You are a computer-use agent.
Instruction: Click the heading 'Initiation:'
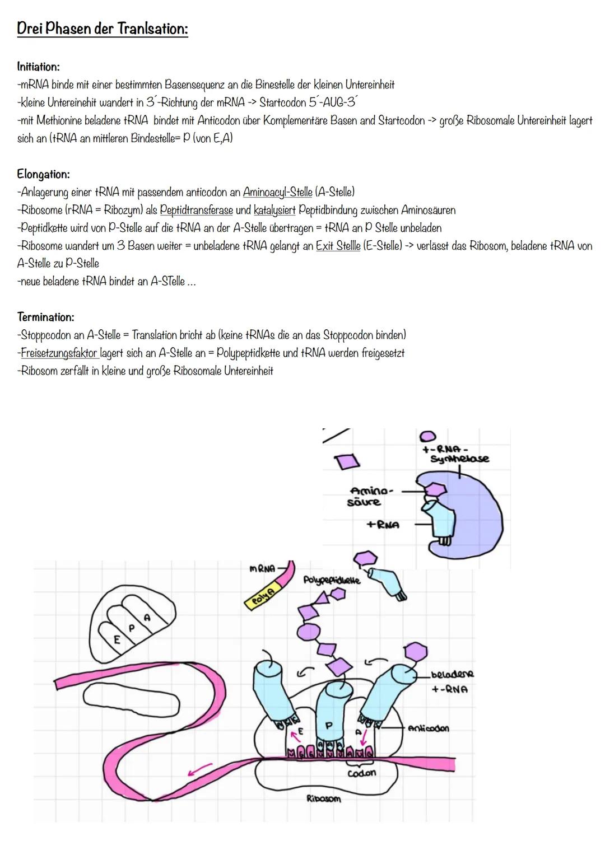38,67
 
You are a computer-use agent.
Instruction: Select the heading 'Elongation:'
43,174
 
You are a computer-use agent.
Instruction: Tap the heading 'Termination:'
45,317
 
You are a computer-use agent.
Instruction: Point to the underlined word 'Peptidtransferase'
196,211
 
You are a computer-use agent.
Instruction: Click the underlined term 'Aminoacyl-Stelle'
277,193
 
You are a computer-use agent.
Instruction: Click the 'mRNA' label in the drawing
262,569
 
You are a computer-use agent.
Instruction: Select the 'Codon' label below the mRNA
362,773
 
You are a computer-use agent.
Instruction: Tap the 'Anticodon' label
429,728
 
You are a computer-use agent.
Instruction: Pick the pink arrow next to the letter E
292,733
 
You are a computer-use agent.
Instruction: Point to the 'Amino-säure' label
370,497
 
